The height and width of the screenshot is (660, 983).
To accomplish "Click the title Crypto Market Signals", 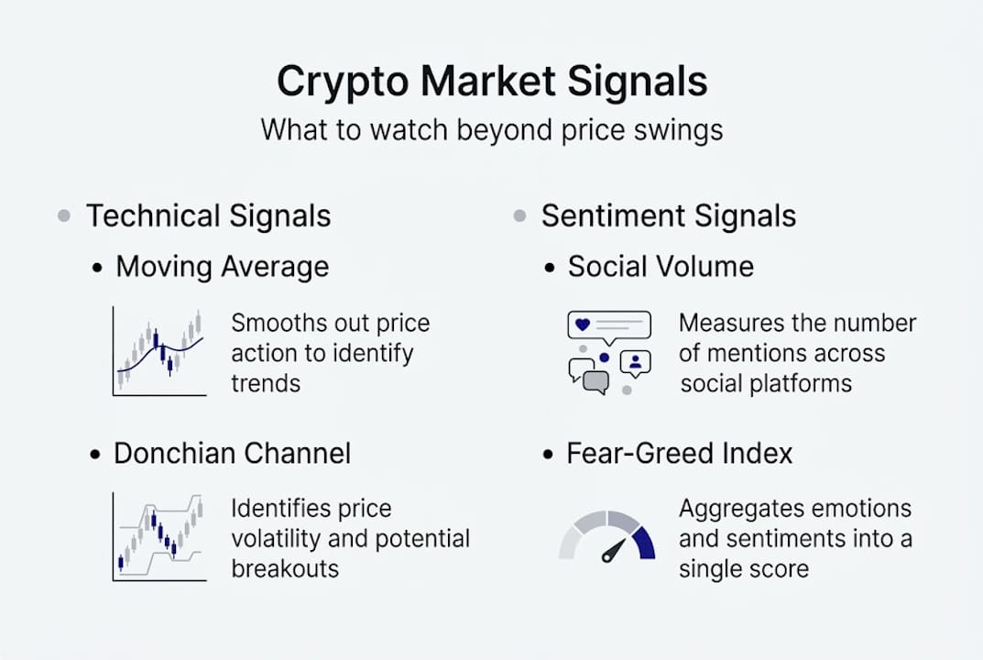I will click(491, 82).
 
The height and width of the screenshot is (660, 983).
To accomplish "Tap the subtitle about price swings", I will click(491, 129).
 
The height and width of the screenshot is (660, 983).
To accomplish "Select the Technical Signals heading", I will click(208, 216).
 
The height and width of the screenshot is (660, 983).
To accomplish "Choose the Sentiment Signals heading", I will click(668, 216).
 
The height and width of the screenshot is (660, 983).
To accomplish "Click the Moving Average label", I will click(222, 267).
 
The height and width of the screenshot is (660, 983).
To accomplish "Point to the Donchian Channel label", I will click(232, 454).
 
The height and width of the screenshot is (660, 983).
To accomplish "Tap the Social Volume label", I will click(661, 267).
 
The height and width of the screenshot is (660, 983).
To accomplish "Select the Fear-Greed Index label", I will click(680, 454).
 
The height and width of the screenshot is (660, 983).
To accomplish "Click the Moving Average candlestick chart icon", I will click(159, 352).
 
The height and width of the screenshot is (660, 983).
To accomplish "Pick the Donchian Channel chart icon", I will click(159, 536).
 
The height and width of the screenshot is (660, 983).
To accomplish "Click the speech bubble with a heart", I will click(608, 325).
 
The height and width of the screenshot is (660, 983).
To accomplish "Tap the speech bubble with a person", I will click(636, 362).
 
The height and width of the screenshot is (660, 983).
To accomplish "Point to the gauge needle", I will click(613, 550).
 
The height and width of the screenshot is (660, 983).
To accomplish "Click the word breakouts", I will click(285, 568).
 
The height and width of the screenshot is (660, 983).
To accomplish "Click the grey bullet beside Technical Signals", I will click(63, 216).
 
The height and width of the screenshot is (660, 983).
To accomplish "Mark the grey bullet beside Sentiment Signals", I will click(519, 216).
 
